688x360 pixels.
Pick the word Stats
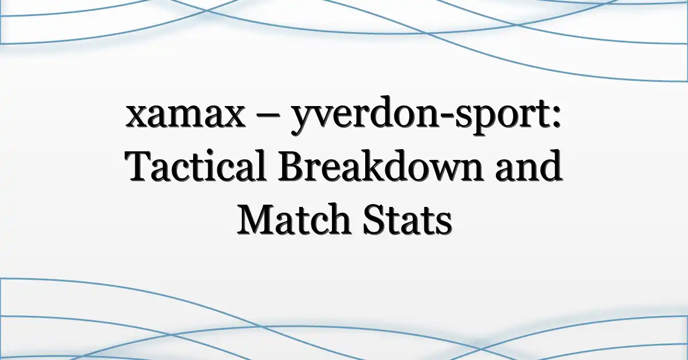[x=407, y=220]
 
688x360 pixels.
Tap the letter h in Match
[x=339, y=219]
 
